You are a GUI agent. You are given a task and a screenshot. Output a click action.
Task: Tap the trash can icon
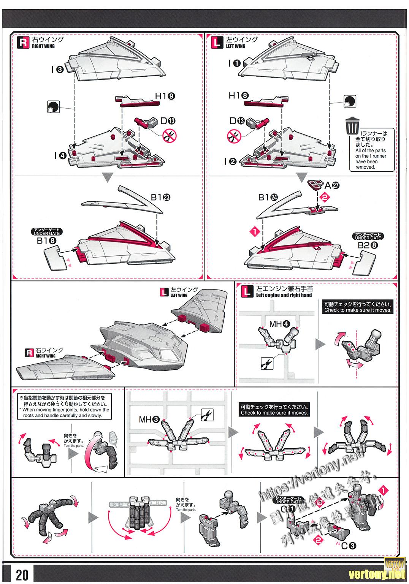[x=352, y=125]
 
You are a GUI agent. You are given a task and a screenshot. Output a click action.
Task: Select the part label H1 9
[x=166, y=97]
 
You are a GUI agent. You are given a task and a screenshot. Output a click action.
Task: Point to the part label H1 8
[x=239, y=96]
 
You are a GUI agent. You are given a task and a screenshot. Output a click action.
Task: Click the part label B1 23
[x=160, y=197]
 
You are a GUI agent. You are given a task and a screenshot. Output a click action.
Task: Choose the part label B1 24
[x=268, y=197]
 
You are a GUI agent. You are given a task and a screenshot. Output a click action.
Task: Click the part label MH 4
[x=280, y=324]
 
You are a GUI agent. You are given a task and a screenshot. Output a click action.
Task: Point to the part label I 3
[x=58, y=70]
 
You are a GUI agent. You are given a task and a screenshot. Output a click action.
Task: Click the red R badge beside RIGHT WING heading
[x=24, y=42]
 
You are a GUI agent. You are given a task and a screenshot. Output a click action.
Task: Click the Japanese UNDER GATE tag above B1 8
[x=46, y=232]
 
